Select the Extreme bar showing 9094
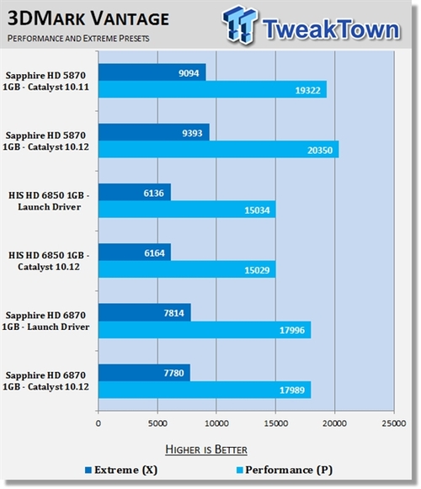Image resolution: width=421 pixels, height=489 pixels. (x=152, y=72)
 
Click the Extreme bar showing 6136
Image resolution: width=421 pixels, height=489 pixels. (x=135, y=192)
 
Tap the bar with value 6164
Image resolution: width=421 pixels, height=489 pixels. (x=135, y=252)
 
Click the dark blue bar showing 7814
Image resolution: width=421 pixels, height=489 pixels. (x=144, y=312)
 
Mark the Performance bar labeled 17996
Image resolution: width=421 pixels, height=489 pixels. (x=205, y=329)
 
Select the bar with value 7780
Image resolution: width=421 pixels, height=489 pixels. (x=144, y=372)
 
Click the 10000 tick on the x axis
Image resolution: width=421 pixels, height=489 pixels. (x=216, y=423)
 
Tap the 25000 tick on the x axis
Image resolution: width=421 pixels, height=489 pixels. (x=393, y=423)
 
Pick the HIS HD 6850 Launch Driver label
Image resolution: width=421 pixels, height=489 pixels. (x=47, y=200)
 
